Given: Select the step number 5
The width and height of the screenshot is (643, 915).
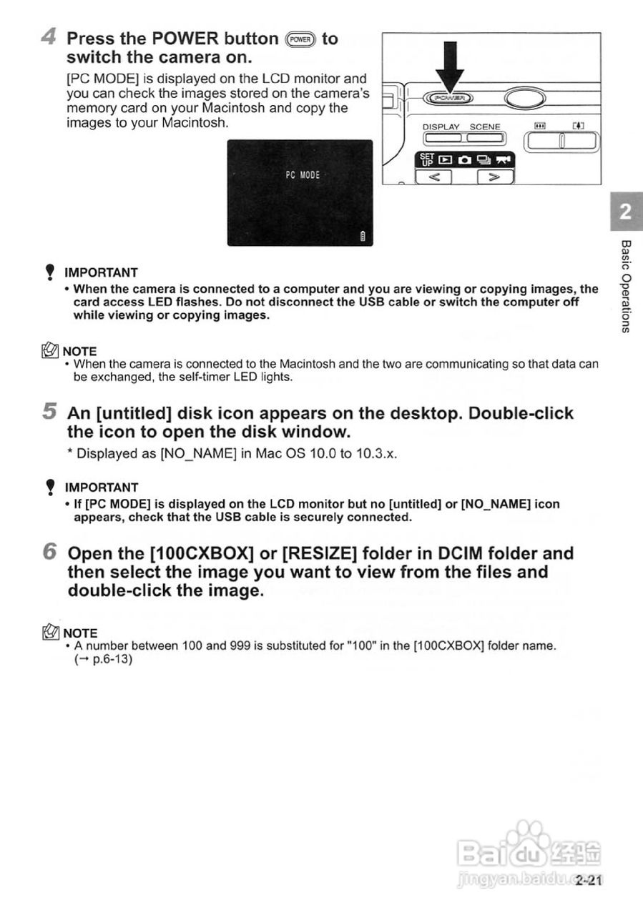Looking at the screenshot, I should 49,411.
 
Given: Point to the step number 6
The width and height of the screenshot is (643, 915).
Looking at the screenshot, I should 49,552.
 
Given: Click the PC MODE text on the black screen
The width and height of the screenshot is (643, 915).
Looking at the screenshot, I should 303,175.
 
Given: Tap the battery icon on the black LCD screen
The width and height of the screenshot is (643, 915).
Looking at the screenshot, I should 363,237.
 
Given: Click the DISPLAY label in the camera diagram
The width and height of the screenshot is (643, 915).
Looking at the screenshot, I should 441,127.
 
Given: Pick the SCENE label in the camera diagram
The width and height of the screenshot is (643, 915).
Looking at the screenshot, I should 485,127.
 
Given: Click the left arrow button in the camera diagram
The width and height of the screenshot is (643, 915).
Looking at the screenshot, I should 434,175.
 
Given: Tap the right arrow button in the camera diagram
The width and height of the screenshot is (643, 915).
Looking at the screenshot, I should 494,175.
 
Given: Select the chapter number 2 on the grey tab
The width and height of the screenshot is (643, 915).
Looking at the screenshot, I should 625,212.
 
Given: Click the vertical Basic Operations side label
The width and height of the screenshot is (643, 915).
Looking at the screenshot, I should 626,286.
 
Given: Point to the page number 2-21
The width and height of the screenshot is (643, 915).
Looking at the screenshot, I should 589,881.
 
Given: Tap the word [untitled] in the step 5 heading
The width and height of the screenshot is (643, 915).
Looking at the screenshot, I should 133,414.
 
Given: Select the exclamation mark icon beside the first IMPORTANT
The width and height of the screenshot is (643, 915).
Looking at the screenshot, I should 49,272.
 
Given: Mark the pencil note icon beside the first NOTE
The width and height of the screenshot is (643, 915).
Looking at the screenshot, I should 51,350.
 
